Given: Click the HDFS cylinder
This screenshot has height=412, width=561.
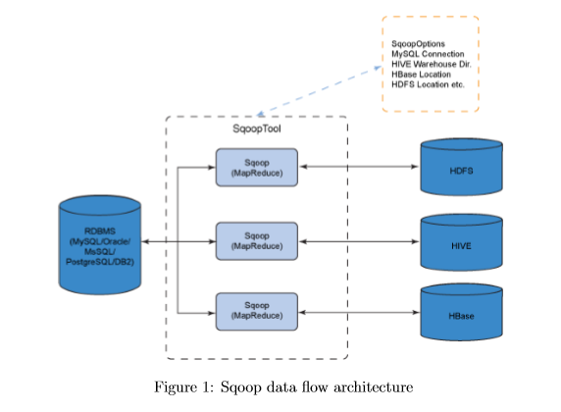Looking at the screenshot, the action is tap(462, 167).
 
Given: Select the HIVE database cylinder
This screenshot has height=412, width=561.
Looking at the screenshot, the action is tap(462, 242).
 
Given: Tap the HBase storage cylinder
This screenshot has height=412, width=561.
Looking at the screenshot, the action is tap(462, 312).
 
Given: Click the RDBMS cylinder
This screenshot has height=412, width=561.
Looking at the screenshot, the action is tap(100, 245).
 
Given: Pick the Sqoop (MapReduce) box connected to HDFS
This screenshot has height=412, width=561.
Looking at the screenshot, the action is tap(257, 168).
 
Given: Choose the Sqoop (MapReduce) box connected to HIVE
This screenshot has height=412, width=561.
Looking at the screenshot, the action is tap(257, 241).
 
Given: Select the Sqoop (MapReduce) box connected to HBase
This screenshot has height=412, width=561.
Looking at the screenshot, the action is tap(257, 311).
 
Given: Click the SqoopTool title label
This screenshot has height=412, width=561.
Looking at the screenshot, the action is tap(257, 129).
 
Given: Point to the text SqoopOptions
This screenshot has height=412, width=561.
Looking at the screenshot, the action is tap(418, 44).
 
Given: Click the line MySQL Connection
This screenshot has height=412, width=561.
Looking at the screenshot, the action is tap(428, 54).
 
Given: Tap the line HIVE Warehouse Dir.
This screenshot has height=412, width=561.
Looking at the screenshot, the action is tap(432, 64).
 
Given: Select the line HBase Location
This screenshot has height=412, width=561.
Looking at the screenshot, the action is tap(421, 75).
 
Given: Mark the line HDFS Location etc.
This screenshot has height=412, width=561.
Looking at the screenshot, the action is tap(428, 84).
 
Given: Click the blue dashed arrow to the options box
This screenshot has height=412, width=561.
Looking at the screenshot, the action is tap(320, 91).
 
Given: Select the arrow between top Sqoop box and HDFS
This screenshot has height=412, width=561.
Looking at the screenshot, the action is tap(359, 167).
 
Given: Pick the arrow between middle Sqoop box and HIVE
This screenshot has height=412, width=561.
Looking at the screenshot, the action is tap(359, 241).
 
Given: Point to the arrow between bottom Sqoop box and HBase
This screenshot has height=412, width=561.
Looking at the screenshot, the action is tap(359, 313).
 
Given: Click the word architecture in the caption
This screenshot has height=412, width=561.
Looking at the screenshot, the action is tap(373, 387).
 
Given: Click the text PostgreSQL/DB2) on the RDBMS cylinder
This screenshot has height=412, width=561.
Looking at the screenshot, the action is tap(100, 262).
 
